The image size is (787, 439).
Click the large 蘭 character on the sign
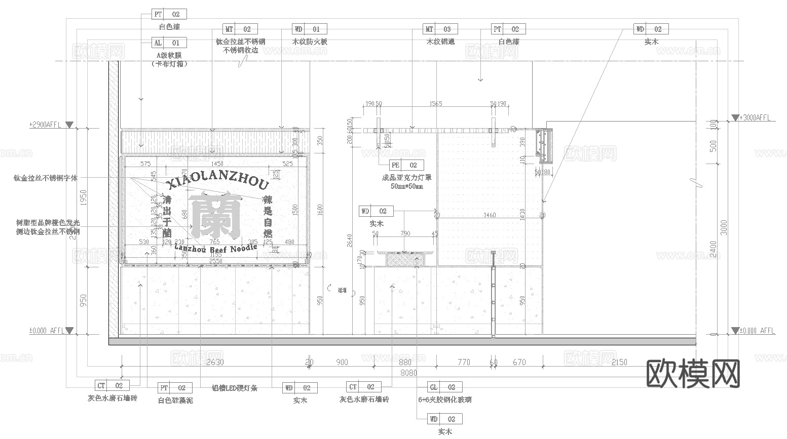(215, 215)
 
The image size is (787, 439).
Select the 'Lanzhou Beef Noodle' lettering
(216, 248)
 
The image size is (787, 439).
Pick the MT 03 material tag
(440, 29)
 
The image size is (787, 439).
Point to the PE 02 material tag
(406, 165)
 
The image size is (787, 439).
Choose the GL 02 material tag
(444, 387)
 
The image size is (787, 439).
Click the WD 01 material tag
(309, 29)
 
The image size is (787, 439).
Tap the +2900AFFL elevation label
(46, 125)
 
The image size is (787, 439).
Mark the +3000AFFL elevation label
(756, 117)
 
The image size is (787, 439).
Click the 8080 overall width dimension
(409, 373)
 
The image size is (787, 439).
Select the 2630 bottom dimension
(215, 363)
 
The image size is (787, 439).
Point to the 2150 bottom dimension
(619, 363)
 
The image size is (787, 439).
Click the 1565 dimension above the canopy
(435, 104)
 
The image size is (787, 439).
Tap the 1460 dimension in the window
(489, 215)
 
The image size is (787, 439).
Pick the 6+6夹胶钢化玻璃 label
(444, 400)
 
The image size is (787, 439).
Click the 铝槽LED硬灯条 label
(235, 388)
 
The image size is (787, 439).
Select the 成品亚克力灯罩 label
(406, 178)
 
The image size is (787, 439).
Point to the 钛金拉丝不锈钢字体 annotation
(46, 178)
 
